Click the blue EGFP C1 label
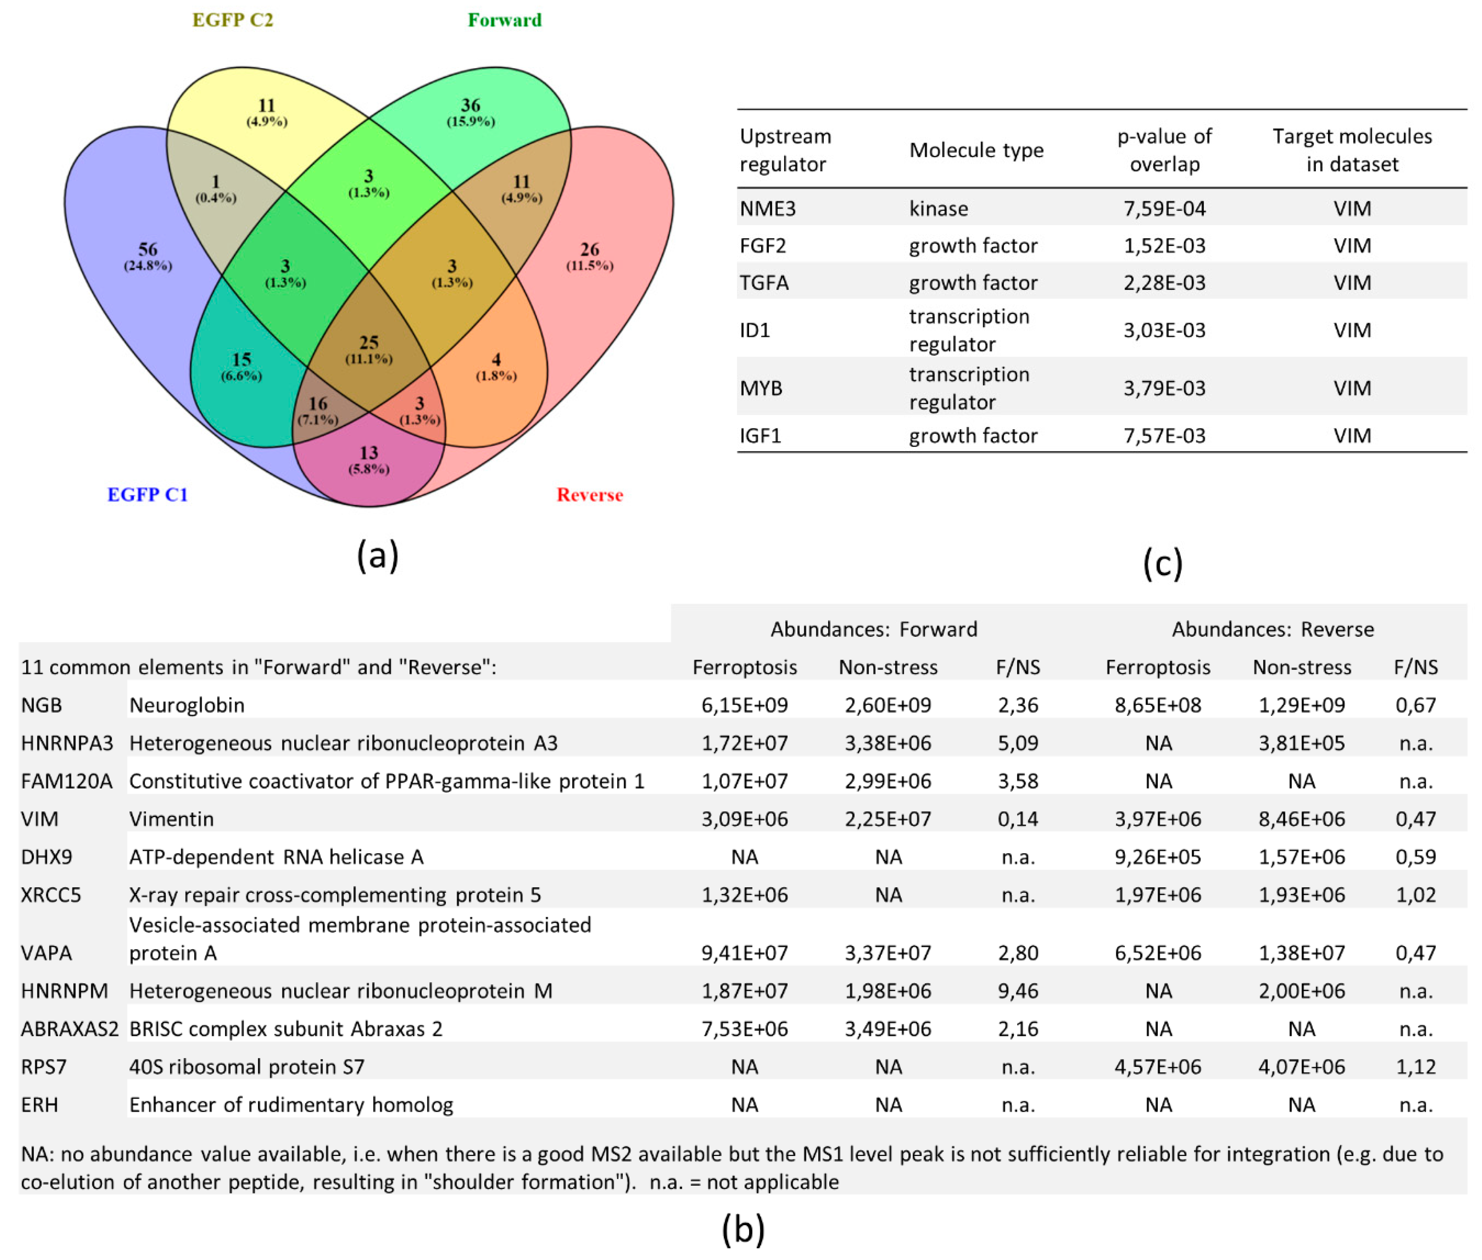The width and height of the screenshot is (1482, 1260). pyautogui.click(x=147, y=494)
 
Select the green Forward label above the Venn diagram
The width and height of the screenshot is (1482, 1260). pyautogui.click(x=504, y=20)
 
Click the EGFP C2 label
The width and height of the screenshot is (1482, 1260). pyautogui.click(x=233, y=20)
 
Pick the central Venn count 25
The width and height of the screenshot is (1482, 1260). pyautogui.click(x=369, y=342)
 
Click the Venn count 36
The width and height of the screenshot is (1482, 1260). pyautogui.click(x=470, y=105)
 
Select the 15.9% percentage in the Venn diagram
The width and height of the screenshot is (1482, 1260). pyautogui.click(x=470, y=121)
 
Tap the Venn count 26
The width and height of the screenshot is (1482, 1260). pyautogui.click(x=589, y=249)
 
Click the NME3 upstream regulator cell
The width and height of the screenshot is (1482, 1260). pyautogui.click(x=768, y=208)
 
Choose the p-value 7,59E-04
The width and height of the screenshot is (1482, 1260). pyautogui.click(x=1164, y=208)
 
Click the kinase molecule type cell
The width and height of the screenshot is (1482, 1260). pyautogui.click(x=938, y=208)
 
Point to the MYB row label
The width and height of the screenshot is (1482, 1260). pyautogui.click(x=761, y=388)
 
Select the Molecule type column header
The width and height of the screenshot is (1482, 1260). pyautogui.click(x=976, y=150)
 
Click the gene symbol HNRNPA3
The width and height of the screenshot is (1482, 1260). pyautogui.click(x=67, y=743)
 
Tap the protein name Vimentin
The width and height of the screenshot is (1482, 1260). pyautogui.click(x=171, y=819)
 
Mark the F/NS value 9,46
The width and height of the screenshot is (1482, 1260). pyautogui.click(x=1018, y=991)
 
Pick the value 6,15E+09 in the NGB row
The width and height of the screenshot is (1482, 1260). pyautogui.click(x=745, y=705)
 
